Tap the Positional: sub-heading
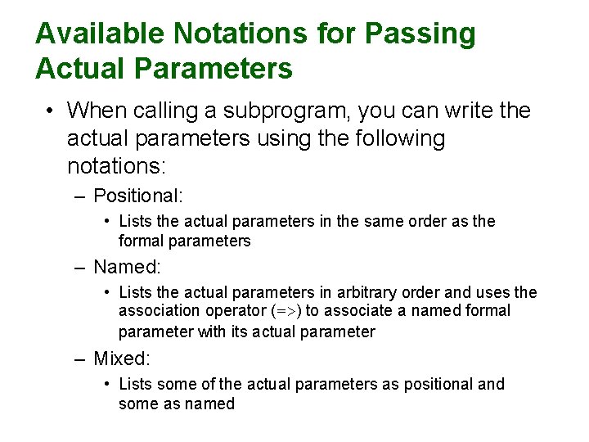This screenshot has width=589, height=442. pos(137,196)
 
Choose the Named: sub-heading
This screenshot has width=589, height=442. pos(126,267)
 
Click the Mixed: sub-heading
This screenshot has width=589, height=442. pos(124,359)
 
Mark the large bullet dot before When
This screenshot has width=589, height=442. pos(51,110)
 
